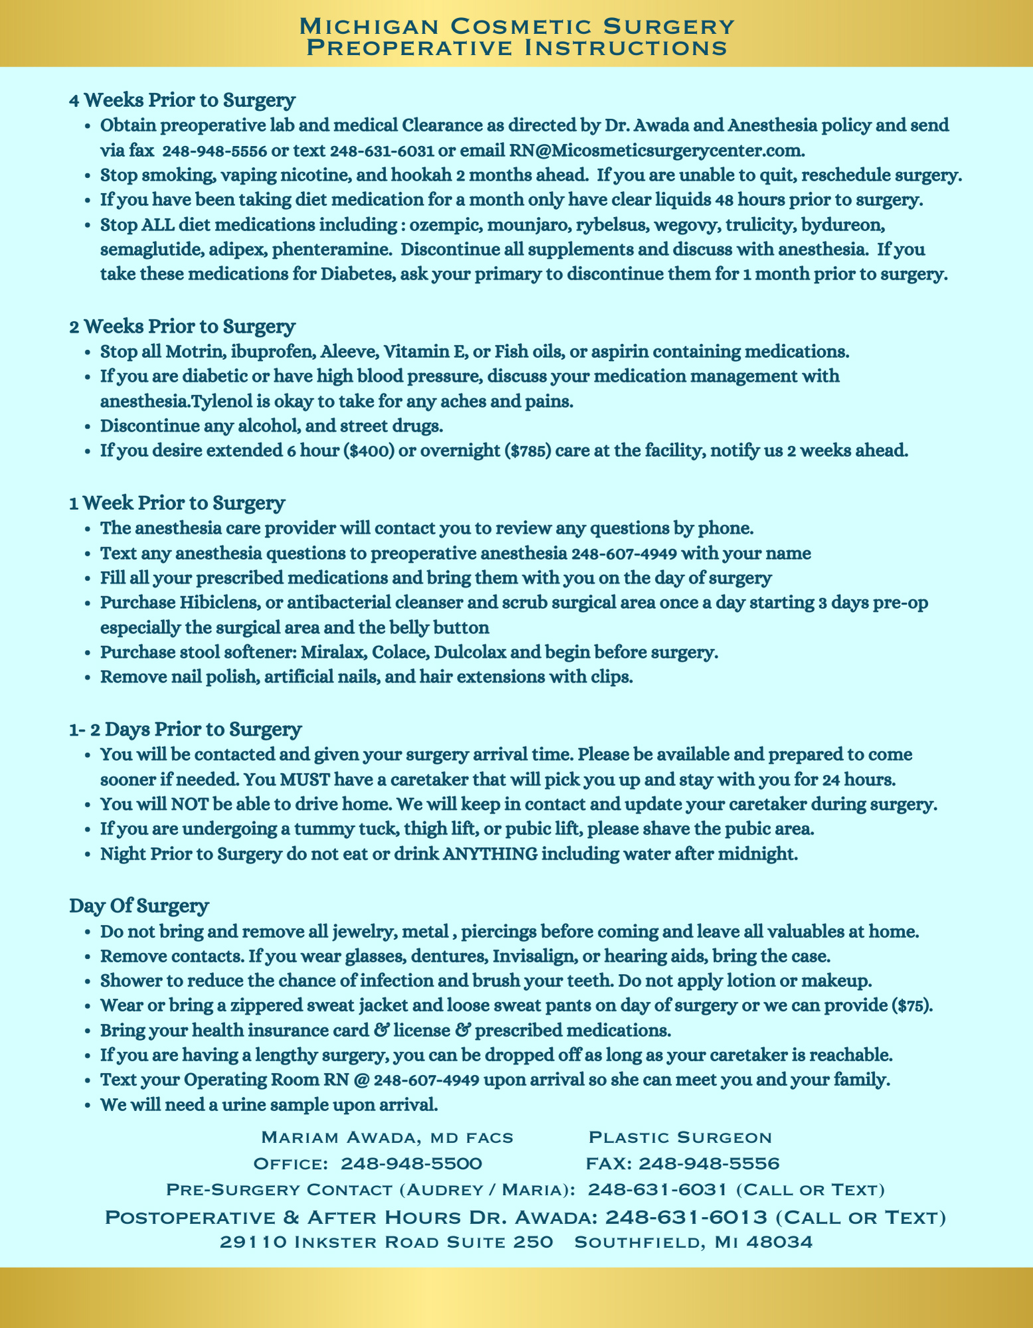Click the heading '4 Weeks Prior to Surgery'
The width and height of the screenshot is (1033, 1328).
coord(182,100)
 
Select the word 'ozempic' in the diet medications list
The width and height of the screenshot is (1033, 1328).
coord(448,224)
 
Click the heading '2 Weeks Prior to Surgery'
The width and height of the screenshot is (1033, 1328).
coord(182,327)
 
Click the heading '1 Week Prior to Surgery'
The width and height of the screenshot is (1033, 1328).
coord(177,503)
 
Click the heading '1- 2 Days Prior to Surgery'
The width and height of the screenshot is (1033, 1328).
coord(185,729)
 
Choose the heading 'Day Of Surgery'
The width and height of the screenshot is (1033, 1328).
coord(139,906)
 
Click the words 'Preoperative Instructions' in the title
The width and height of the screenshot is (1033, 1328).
coord(516,48)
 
